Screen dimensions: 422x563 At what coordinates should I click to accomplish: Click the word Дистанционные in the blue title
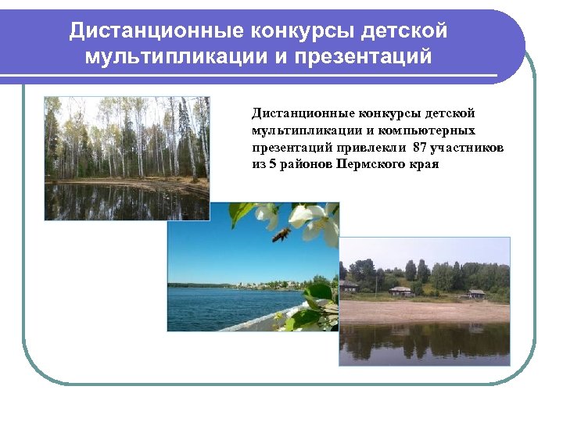(156, 30)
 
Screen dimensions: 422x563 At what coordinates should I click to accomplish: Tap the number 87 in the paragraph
(420, 148)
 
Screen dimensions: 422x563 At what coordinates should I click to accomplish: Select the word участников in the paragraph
(467, 148)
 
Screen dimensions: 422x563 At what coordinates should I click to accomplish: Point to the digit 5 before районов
(273, 165)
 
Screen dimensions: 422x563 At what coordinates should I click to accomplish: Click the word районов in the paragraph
(307, 165)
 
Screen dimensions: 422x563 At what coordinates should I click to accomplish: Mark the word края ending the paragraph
(423, 165)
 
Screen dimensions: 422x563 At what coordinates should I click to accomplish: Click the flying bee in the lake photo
(281, 234)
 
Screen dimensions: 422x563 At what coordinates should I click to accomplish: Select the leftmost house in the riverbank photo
(349, 286)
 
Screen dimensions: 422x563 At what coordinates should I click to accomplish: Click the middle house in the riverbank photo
(400, 291)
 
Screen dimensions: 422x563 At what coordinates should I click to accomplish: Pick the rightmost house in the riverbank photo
(476, 294)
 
